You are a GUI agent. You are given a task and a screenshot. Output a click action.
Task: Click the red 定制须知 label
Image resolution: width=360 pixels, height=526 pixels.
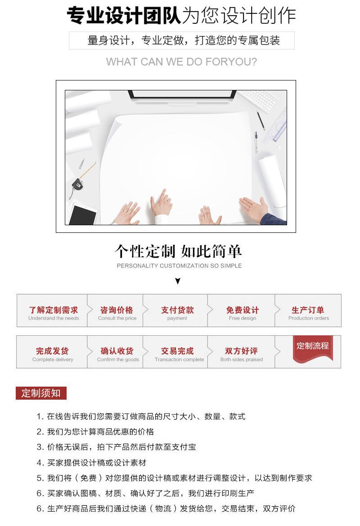(x=41, y=393)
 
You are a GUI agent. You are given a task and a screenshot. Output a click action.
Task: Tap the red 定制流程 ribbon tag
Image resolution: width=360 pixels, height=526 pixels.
(x=313, y=347)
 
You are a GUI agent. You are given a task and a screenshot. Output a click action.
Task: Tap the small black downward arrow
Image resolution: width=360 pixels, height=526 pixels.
(x=178, y=281)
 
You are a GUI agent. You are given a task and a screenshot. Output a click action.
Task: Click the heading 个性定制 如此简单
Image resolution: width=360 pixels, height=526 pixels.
(x=179, y=251)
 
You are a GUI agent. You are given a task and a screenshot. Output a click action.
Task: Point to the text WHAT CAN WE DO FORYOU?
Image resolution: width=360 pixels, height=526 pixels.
(x=181, y=62)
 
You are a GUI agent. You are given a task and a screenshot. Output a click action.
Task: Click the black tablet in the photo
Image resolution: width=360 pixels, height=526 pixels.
(x=84, y=214)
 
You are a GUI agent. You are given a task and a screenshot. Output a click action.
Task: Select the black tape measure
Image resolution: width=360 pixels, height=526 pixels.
(x=77, y=184)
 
